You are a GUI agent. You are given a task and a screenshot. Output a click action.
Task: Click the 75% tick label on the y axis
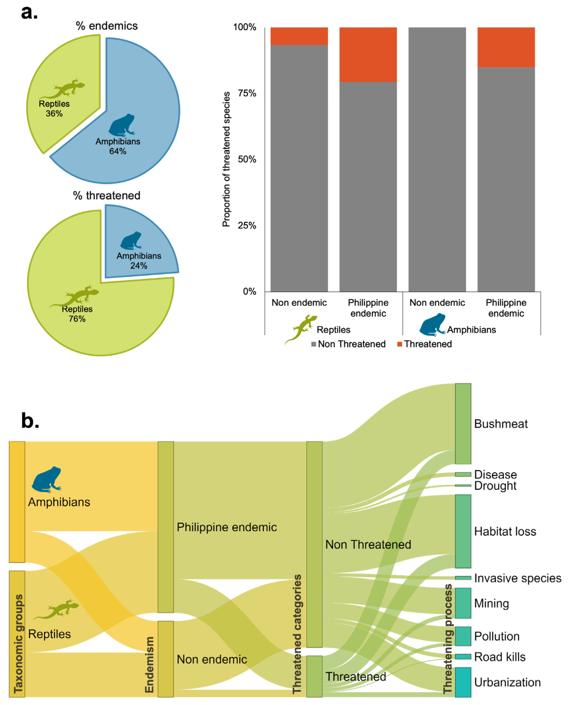(247, 93)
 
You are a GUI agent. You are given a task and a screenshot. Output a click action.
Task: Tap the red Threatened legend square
(400, 344)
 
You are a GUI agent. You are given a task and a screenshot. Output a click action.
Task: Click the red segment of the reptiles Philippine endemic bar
(368, 54)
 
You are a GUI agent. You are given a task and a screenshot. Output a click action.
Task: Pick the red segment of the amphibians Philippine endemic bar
(506, 47)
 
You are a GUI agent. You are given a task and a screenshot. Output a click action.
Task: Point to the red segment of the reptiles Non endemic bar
(299, 36)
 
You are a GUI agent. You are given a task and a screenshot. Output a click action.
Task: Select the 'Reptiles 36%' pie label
(54, 109)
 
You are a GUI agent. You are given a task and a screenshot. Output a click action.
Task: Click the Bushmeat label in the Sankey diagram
(501, 424)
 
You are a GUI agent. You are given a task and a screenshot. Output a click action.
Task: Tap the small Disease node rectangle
(463, 474)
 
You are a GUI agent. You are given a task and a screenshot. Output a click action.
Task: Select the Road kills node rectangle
(463, 656)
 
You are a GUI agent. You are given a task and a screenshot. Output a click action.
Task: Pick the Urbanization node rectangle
(463, 682)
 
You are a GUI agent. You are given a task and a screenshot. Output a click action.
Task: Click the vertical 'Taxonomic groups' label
(18, 644)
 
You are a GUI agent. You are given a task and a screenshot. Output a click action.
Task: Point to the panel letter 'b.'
(30, 421)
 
